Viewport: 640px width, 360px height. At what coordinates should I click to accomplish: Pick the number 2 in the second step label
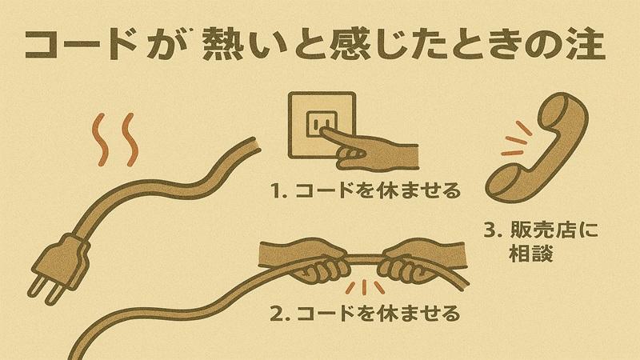(276, 312)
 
